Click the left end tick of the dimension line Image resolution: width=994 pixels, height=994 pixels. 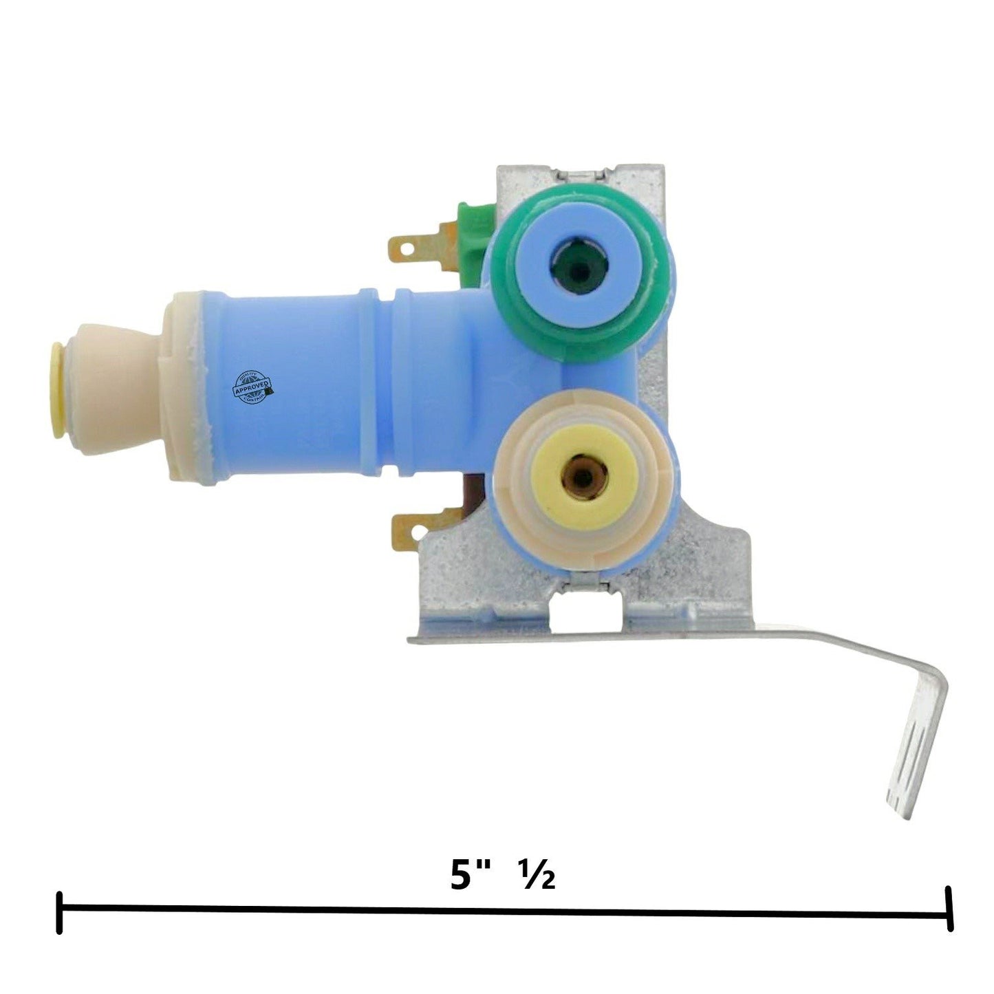point(60,912)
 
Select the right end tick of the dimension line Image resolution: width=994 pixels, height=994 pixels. point(950,912)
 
